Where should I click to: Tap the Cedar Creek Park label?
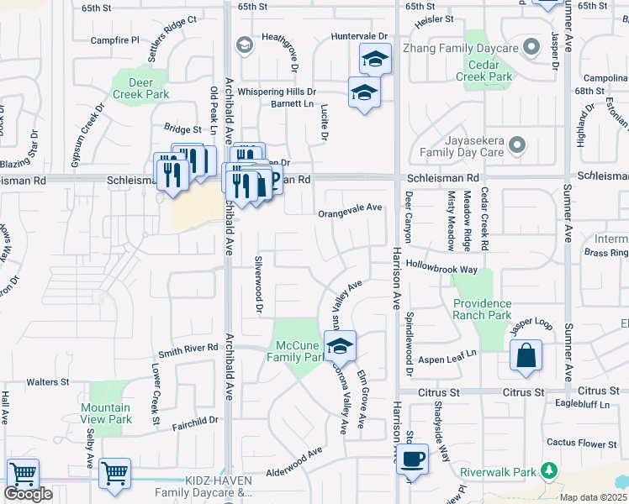484,71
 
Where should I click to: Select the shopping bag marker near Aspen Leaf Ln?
526,354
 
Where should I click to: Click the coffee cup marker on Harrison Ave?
412,459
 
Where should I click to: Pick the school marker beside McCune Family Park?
340,345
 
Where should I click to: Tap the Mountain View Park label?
106,413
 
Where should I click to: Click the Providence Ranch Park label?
482,309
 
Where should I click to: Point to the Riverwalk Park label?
504,472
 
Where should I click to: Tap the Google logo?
28,494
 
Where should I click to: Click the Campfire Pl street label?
115,39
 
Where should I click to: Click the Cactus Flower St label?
581,443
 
